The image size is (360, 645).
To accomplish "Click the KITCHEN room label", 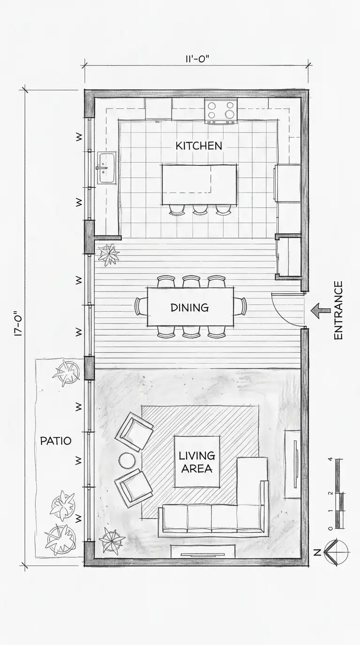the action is click(199, 146).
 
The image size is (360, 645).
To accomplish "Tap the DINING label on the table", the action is click(189, 307).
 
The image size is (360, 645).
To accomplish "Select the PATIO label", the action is click(56, 441).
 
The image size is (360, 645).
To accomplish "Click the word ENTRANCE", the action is click(338, 310).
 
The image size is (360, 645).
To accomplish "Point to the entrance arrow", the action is click(320, 311).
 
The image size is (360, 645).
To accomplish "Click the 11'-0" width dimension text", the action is click(197, 59).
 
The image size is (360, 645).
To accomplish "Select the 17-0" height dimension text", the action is click(18, 323).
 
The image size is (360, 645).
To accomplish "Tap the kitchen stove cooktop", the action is click(221, 111).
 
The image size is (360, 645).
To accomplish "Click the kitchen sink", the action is click(106, 168).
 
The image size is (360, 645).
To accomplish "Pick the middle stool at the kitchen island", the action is click(200, 210).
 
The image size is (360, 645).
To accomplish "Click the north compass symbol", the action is click(336, 552).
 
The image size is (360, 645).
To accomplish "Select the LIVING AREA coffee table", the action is click(197, 462).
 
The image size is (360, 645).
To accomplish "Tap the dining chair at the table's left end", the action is click(142, 307).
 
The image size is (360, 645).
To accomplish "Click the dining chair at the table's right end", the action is click(240, 307).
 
